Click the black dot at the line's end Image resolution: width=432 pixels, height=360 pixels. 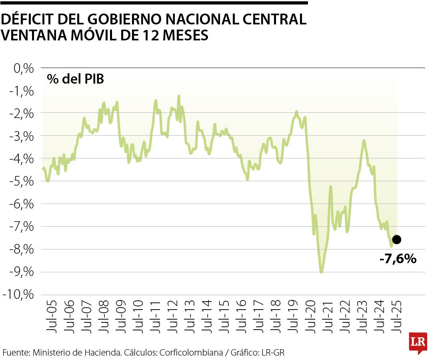(396, 240)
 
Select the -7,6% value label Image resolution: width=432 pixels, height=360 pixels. (398, 259)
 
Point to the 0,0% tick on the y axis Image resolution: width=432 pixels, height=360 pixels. (23, 68)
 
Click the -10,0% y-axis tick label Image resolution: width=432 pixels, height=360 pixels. (19, 295)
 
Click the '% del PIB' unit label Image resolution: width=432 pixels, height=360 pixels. (75, 79)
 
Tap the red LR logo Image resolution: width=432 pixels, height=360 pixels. (418, 342)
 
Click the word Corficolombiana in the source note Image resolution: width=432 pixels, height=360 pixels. (191, 352)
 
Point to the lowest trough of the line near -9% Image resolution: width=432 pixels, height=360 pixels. (321, 272)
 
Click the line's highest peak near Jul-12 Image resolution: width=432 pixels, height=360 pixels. (178, 96)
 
